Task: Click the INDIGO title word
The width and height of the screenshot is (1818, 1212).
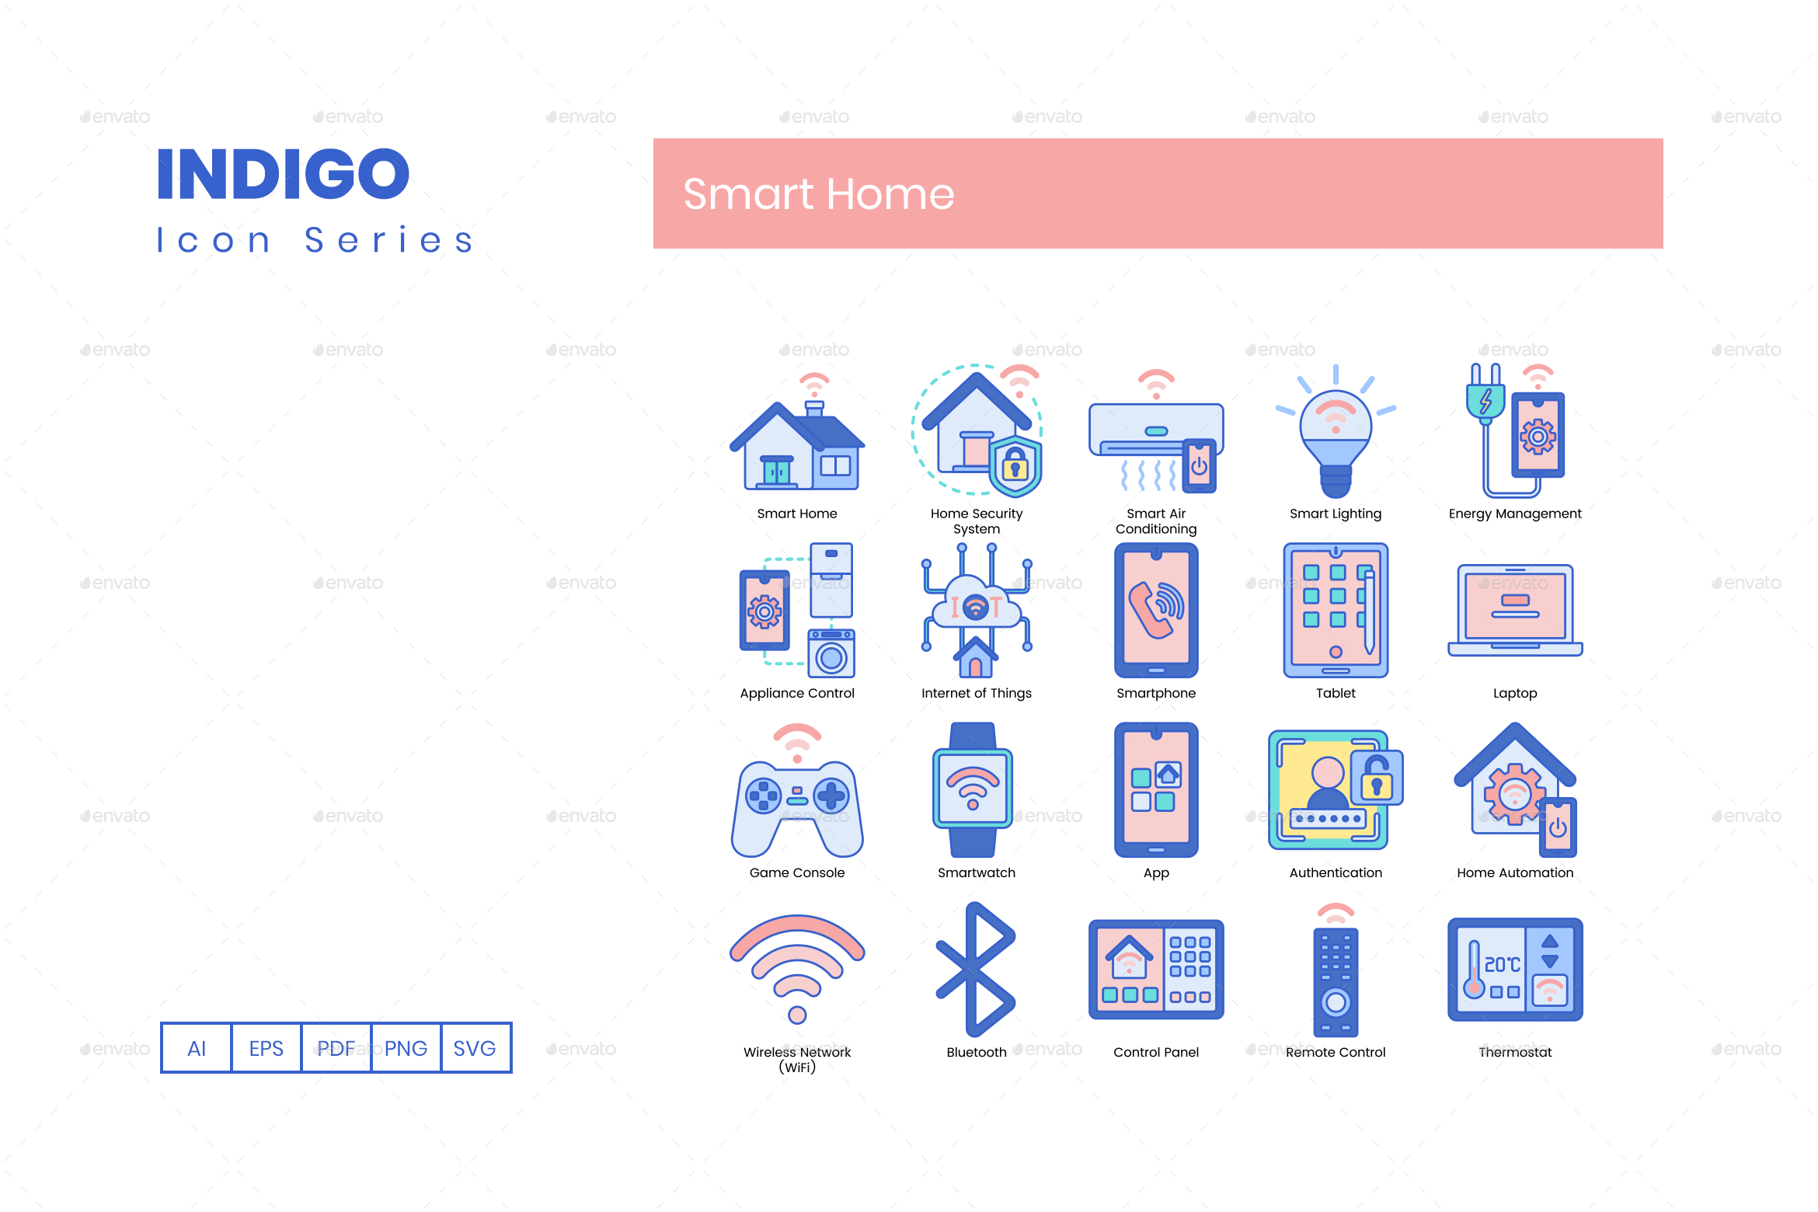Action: [283, 174]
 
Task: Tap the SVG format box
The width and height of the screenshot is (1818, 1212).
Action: [475, 1048]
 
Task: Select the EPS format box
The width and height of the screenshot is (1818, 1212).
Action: [266, 1048]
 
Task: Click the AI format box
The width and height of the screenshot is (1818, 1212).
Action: [197, 1048]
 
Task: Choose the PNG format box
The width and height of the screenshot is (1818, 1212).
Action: [406, 1048]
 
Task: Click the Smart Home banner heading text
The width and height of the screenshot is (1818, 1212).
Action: [818, 194]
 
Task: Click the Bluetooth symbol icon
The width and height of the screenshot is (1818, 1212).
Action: [976, 969]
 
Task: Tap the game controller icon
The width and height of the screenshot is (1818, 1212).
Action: [797, 804]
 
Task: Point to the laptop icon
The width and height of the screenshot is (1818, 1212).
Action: [1515, 610]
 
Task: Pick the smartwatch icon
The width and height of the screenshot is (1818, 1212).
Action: [973, 789]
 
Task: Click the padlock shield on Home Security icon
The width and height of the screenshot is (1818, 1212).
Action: [1015, 466]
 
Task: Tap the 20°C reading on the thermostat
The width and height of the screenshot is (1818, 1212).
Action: [1502, 964]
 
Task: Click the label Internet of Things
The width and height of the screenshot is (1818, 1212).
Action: [976, 693]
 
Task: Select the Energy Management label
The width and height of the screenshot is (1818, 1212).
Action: [1514, 514]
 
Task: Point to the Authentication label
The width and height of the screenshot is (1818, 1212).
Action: [1336, 872]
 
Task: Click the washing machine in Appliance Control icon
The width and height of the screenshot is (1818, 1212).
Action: [831, 654]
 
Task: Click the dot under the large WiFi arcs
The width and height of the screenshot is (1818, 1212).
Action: [797, 1015]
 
